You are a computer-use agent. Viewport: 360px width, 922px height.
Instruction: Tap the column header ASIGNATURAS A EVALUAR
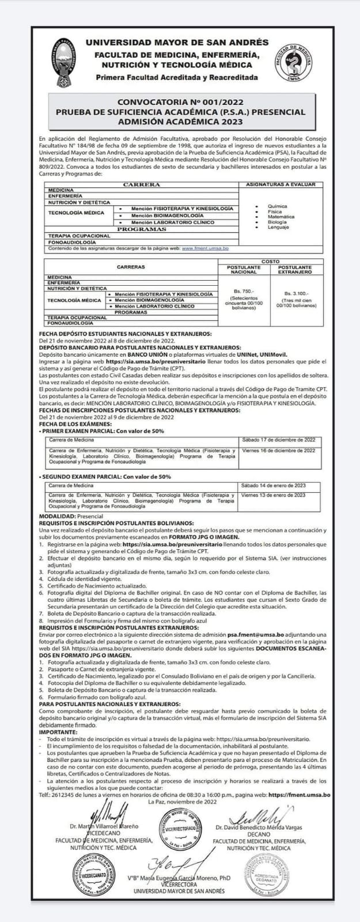281,184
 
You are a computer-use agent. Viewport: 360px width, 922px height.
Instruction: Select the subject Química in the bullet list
276,206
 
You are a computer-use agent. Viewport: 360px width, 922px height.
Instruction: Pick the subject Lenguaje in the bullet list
278,227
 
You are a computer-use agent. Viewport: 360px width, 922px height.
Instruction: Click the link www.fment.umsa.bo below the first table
206,248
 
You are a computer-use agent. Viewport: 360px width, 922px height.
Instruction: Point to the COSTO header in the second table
270,262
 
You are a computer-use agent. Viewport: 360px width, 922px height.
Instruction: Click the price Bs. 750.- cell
244,291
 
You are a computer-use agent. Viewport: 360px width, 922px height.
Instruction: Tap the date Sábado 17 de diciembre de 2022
279,440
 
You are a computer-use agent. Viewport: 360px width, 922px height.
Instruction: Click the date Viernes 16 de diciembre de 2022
279,450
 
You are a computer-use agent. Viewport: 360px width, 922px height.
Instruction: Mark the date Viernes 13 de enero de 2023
274,494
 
